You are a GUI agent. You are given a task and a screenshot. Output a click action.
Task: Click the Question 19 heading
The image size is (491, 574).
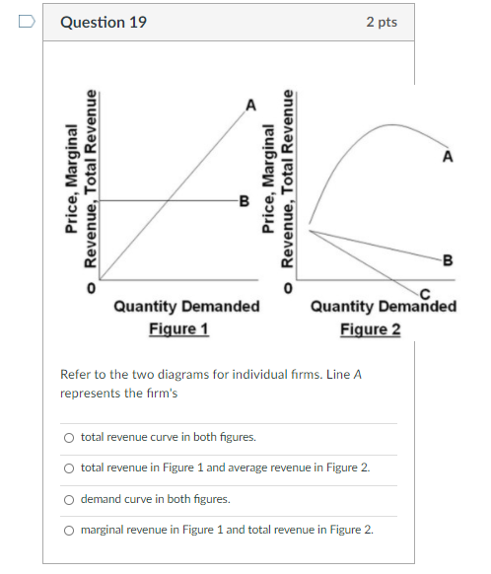(x=104, y=22)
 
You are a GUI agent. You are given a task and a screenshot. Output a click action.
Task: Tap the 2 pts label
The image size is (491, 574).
(x=381, y=22)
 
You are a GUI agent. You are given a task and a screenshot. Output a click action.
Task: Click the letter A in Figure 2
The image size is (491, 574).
(x=448, y=157)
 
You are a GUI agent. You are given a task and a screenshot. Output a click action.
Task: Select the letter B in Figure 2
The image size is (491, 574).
(x=448, y=261)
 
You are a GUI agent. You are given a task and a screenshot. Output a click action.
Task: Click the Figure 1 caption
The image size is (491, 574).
(x=178, y=328)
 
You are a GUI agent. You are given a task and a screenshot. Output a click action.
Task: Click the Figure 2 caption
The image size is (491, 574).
(x=371, y=328)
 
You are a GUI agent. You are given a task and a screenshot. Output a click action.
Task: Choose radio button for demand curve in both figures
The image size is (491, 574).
(x=68, y=499)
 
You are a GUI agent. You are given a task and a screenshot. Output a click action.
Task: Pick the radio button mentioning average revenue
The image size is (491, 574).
(x=68, y=468)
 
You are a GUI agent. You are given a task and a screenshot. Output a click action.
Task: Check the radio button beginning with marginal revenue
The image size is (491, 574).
(x=68, y=530)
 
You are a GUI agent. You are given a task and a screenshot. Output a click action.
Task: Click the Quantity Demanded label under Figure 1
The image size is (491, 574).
(x=186, y=307)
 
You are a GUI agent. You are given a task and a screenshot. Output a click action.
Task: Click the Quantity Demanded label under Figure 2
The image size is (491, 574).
(x=384, y=307)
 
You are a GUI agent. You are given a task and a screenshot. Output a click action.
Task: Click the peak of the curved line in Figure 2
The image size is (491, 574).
(x=391, y=124)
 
